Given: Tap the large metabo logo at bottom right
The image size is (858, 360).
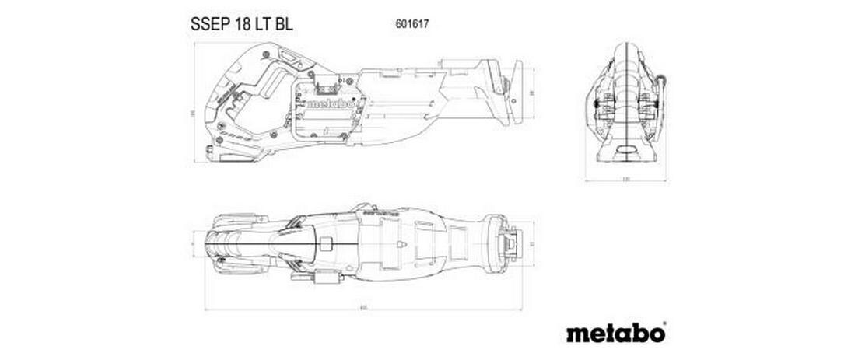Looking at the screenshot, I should tap(614, 333).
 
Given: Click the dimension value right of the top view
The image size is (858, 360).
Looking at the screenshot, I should tap(532, 244).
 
